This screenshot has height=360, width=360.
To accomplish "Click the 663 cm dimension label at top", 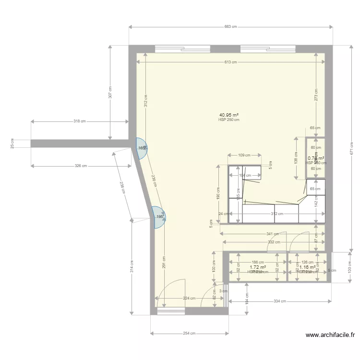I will point(230,27).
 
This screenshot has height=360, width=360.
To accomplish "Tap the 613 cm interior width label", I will point(230,62).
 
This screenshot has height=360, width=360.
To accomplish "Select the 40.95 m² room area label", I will point(229,115).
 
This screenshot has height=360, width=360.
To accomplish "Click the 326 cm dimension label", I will point(81,166).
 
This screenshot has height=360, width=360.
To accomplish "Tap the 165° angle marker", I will point(142,148).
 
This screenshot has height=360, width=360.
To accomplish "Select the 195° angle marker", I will point(159,216).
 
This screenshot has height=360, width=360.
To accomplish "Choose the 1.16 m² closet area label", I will point(307,267).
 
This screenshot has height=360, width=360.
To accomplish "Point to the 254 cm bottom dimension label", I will point(189,333).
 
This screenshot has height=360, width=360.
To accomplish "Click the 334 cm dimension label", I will point(280,301).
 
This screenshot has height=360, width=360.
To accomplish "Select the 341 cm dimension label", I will point(273,234).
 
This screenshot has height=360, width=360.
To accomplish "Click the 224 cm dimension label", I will point(190,298).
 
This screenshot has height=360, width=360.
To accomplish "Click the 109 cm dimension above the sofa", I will point(245,155).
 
